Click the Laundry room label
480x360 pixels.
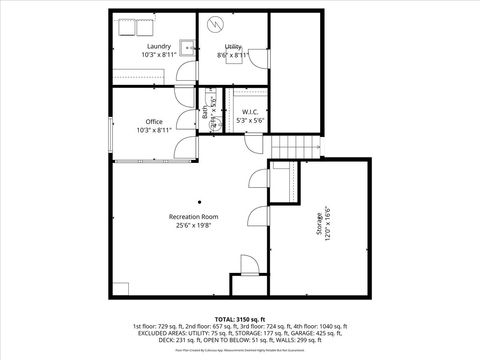158,47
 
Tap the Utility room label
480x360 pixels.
233,47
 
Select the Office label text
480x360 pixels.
154,122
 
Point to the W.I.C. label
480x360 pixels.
251,112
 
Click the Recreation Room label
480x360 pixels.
193,216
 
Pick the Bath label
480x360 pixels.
205,114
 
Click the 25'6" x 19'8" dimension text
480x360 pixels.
193,225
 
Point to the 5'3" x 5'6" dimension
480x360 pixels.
251,120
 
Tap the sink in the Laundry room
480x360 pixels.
187,44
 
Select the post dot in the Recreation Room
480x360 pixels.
199,200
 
